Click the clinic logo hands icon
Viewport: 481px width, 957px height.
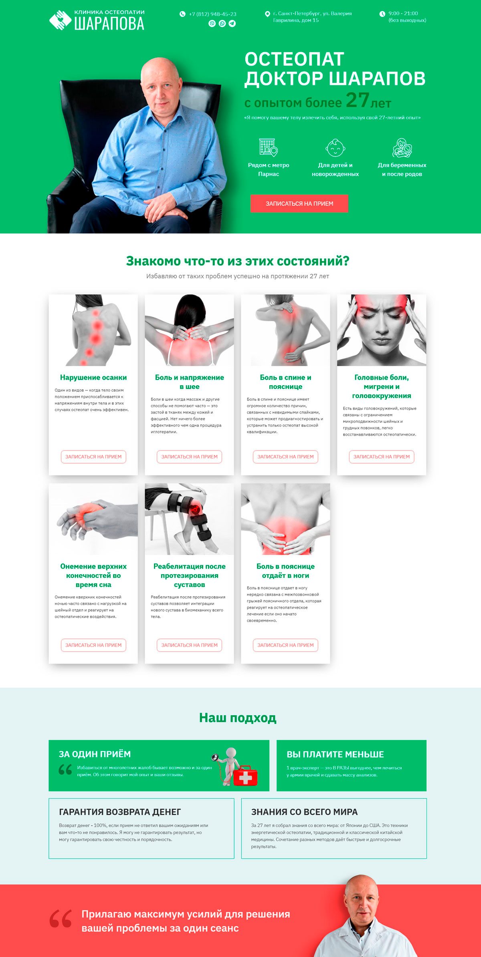point(60,20)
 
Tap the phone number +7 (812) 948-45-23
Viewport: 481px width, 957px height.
point(213,14)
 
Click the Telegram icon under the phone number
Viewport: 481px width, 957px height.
point(232,24)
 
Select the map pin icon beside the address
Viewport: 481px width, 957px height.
point(267,14)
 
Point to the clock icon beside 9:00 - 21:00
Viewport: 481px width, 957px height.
point(382,14)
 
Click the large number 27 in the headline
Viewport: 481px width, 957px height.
point(357,100)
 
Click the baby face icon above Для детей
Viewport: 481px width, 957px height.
point(335,148)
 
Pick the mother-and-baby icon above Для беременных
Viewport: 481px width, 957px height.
point(402,148)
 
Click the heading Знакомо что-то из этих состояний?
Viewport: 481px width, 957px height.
point(238,261)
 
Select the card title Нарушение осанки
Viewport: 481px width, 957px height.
point(93,378)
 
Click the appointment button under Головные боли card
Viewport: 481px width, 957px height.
point(382,457)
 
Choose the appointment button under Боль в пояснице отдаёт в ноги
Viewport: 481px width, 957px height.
point(285,645)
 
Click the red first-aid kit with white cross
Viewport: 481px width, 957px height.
point(245,776)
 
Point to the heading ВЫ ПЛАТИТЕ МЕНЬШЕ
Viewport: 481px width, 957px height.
point(335,754)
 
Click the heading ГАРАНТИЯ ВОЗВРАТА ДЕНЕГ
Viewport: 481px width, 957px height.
point(120,812)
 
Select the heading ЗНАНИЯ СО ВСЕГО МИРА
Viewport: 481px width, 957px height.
point(304,812)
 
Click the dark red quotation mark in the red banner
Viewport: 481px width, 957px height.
point(61,918)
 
